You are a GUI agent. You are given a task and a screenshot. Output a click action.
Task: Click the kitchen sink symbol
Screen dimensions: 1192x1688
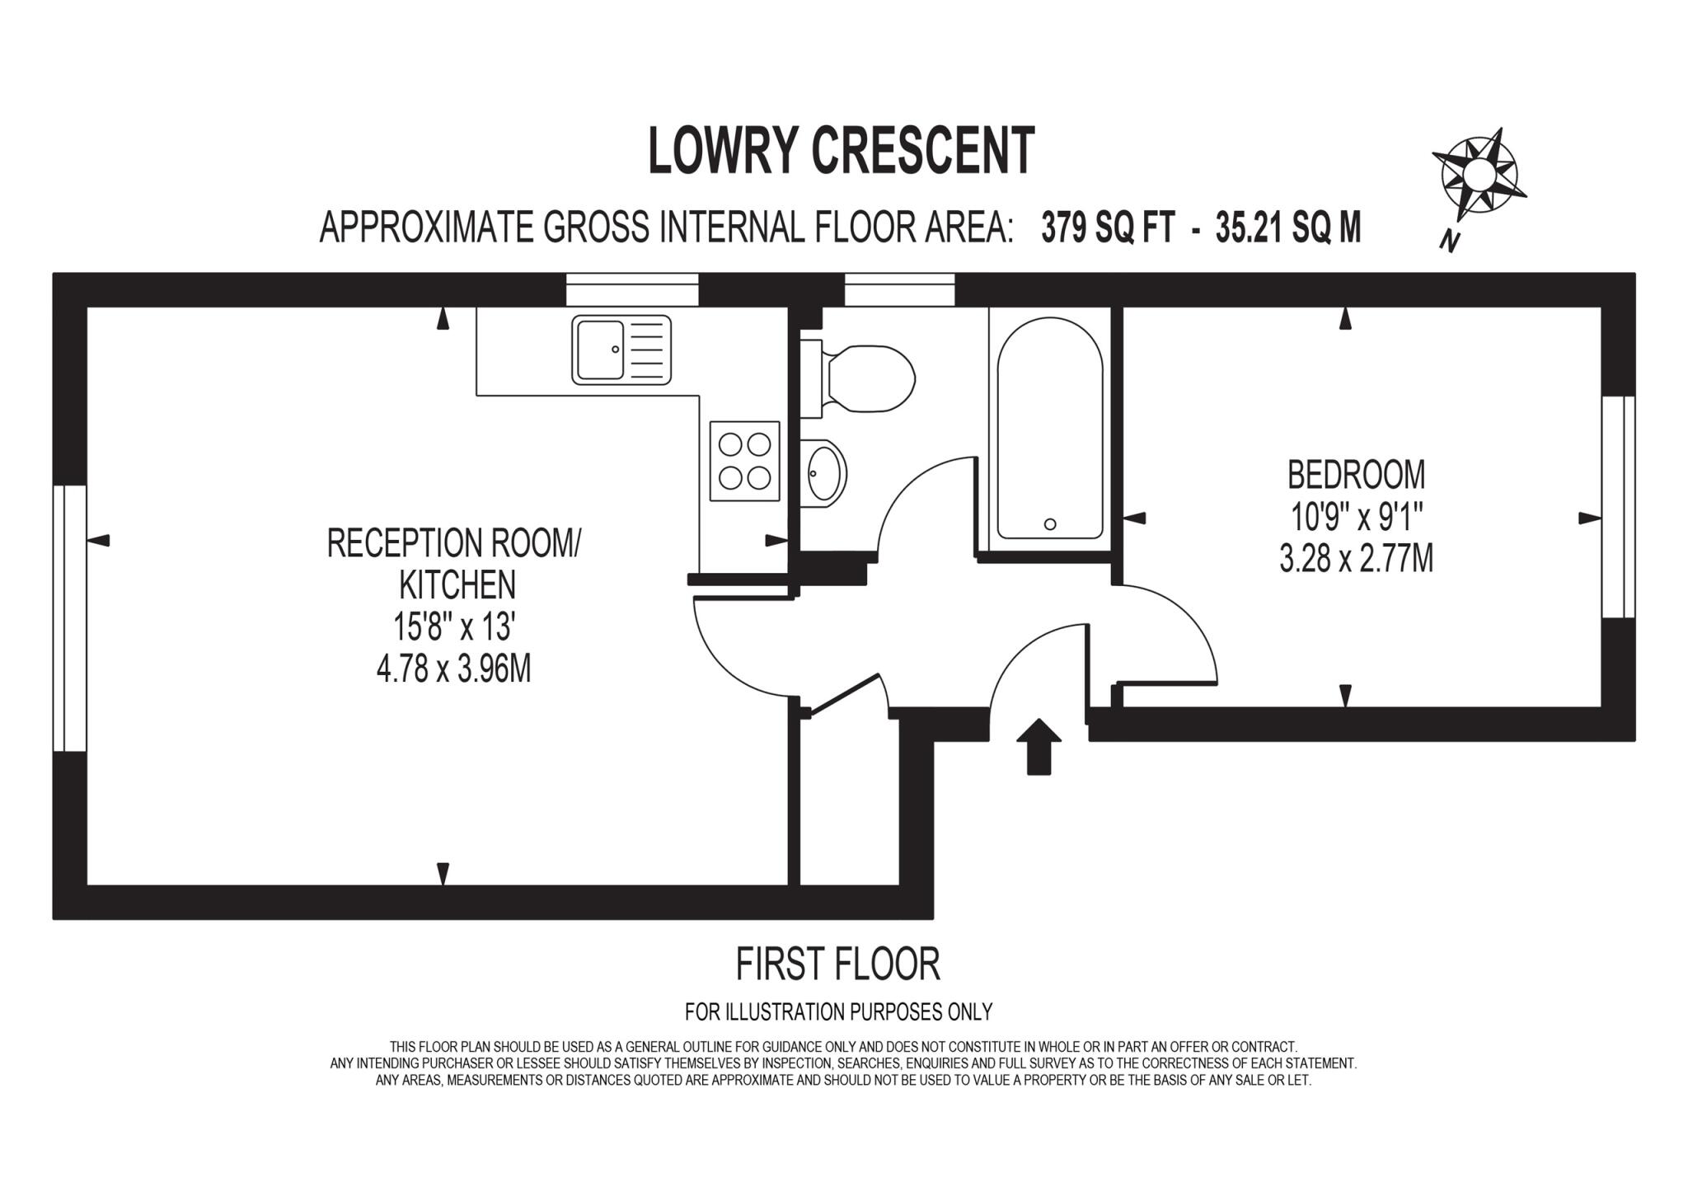click(621, 350)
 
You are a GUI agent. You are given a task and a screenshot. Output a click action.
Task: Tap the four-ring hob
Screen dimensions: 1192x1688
click(744, 461)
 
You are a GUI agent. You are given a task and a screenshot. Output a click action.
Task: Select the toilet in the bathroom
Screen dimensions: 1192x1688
click(865, 380)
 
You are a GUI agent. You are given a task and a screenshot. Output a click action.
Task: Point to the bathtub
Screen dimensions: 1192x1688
click(1049, 429)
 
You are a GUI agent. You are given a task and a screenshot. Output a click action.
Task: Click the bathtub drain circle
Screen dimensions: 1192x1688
click(1049, 523)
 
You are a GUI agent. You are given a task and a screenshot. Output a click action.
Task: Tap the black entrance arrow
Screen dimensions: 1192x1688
click(1039, 745)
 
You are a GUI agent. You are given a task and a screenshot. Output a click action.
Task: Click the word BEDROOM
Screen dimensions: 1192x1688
click(1356, 475)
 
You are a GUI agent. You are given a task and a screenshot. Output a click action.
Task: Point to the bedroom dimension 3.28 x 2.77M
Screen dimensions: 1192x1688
click(1356, 559)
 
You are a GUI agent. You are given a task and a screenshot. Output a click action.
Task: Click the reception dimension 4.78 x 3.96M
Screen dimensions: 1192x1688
click(453, 669)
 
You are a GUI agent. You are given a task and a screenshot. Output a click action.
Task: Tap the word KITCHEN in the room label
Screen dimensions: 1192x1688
click(457, 584)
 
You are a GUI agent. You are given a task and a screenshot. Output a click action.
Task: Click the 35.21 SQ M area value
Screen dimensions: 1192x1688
click(1287, 228)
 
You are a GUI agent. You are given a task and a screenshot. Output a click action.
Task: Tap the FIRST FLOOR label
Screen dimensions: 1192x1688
click(837, 964)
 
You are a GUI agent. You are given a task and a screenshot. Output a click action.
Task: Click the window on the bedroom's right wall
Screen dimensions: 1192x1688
click(1617, 506)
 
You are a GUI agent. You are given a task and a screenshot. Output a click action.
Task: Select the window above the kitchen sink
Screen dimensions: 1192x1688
click(632, 290)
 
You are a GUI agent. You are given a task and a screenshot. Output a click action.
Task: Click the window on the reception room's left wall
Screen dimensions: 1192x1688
click(70, 618)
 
